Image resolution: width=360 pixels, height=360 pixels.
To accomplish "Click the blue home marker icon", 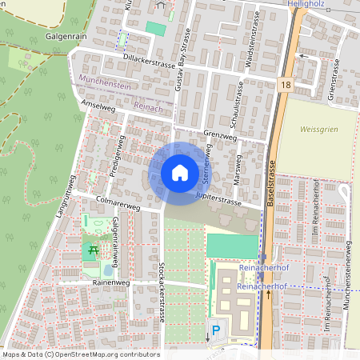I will point(180,173).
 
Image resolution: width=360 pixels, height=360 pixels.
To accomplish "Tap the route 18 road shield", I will point(286,83).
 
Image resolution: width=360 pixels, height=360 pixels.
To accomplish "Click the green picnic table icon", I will point(93,250).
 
